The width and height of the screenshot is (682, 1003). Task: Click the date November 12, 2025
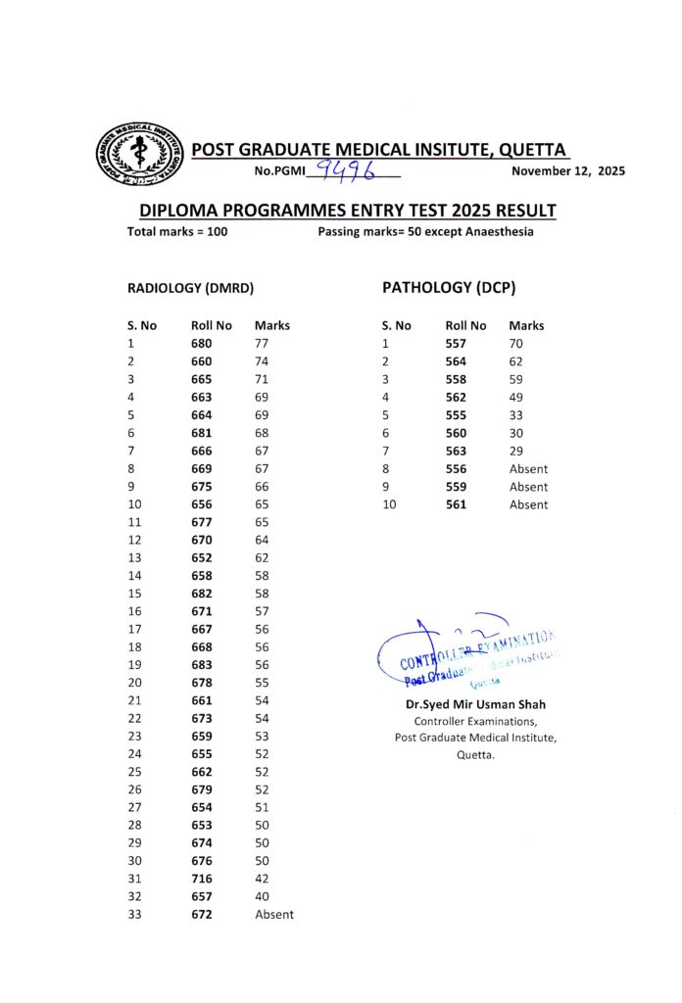pos(568,171)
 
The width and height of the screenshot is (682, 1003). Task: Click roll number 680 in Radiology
pos(201,344)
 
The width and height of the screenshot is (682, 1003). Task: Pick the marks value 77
pos(262,344)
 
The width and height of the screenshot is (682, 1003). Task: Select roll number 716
pos(201,879)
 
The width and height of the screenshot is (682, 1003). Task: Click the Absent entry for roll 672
pos(273,914)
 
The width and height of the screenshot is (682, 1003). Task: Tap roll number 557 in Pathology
pos(456,344)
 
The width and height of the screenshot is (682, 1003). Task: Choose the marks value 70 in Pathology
pos(516,344)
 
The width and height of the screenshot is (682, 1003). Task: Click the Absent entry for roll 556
pos(528,469)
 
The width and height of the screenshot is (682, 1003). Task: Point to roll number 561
pos(456,504)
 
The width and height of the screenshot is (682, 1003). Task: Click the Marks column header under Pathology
pos(526,325)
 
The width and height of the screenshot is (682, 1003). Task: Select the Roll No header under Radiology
pos(212,325)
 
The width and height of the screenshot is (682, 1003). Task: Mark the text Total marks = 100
pos(177,232)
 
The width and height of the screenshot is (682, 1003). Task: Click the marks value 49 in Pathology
pos(516,397)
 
